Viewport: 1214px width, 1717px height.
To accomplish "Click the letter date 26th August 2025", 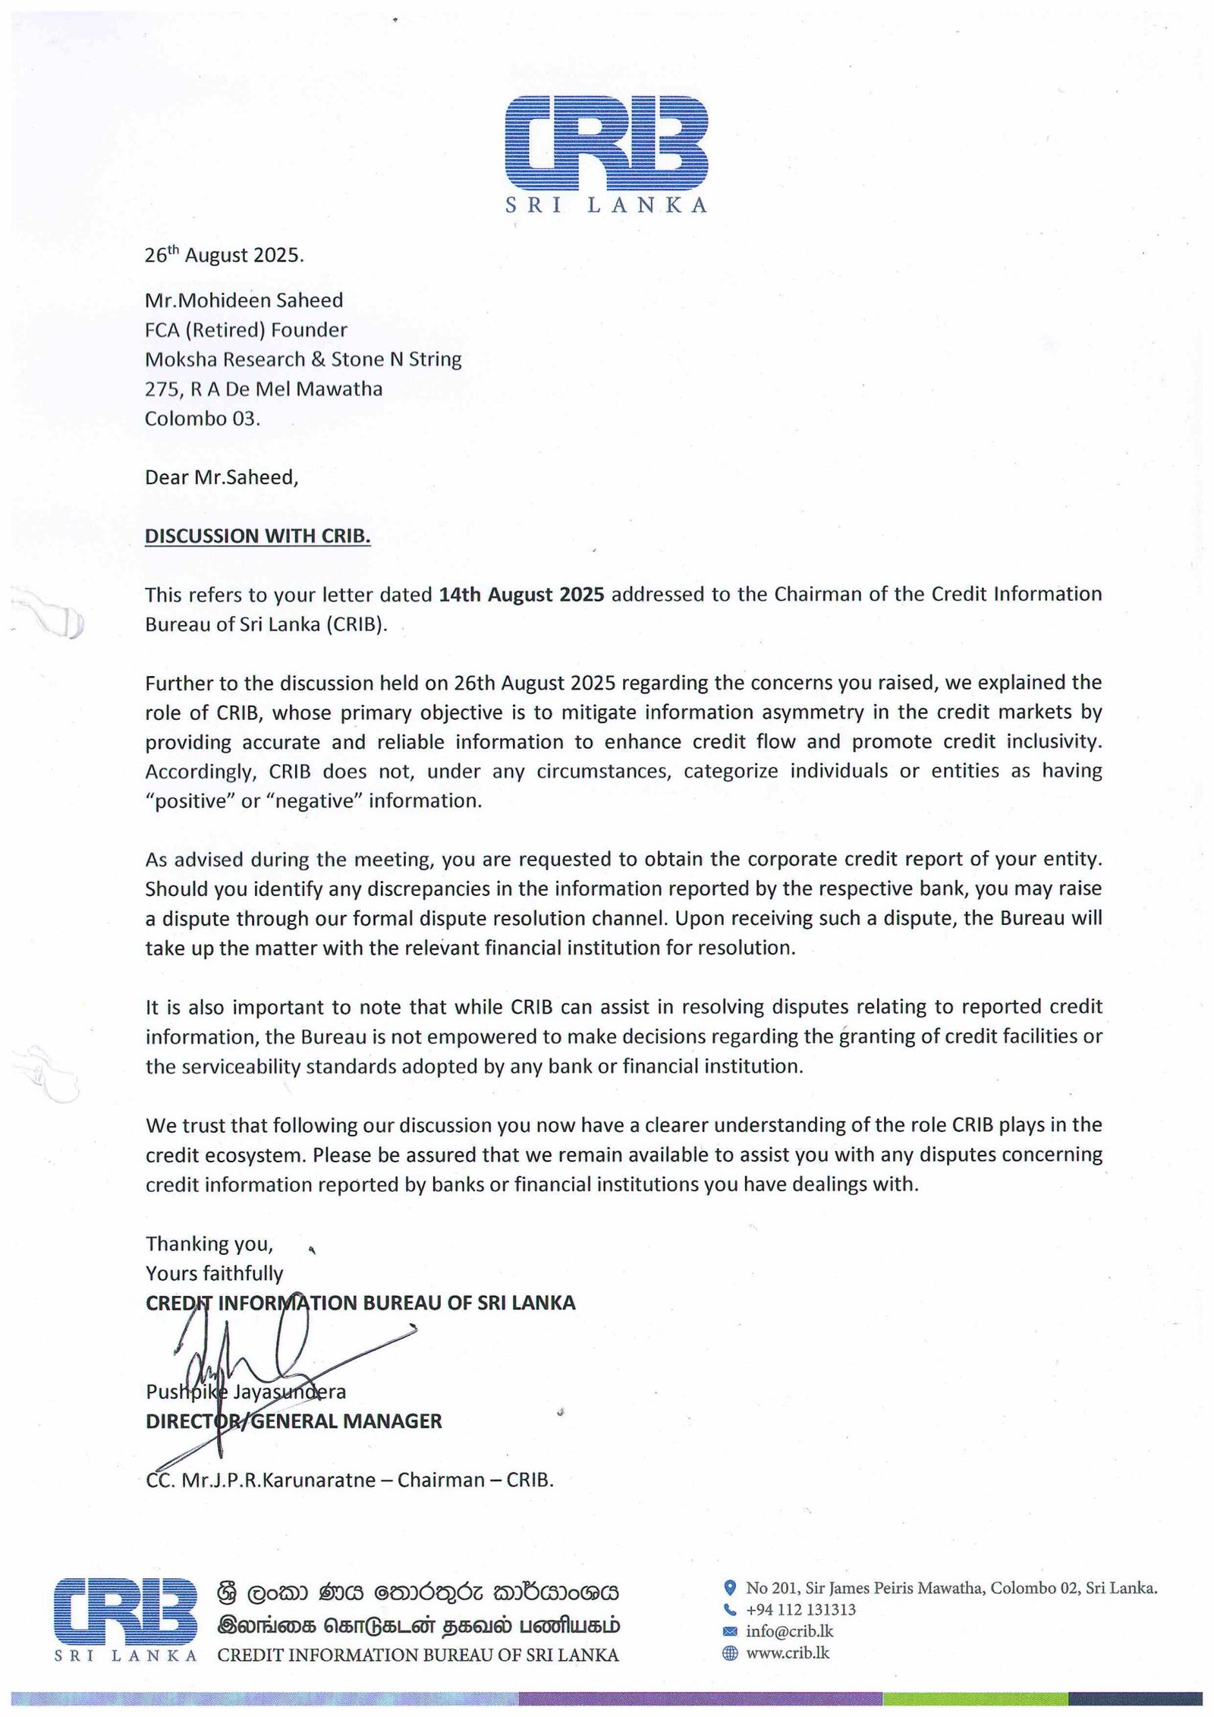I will point(224,255).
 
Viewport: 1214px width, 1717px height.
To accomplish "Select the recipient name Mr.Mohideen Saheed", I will point(244,300).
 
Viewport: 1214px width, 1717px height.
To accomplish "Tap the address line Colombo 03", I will point(202,419).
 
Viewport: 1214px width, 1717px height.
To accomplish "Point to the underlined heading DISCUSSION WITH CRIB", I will point(257,536).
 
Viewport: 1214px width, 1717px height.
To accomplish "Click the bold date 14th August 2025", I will point(521,594).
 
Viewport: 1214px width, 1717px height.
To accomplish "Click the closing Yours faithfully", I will point(214,1273).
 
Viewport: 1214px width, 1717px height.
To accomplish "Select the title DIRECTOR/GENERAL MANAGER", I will point(294,1421).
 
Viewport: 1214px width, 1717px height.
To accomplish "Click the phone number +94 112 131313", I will point(800,1609).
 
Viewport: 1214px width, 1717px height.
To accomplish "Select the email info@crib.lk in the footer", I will point(789,1631).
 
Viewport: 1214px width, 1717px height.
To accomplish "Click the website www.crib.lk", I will point(788,1653).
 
